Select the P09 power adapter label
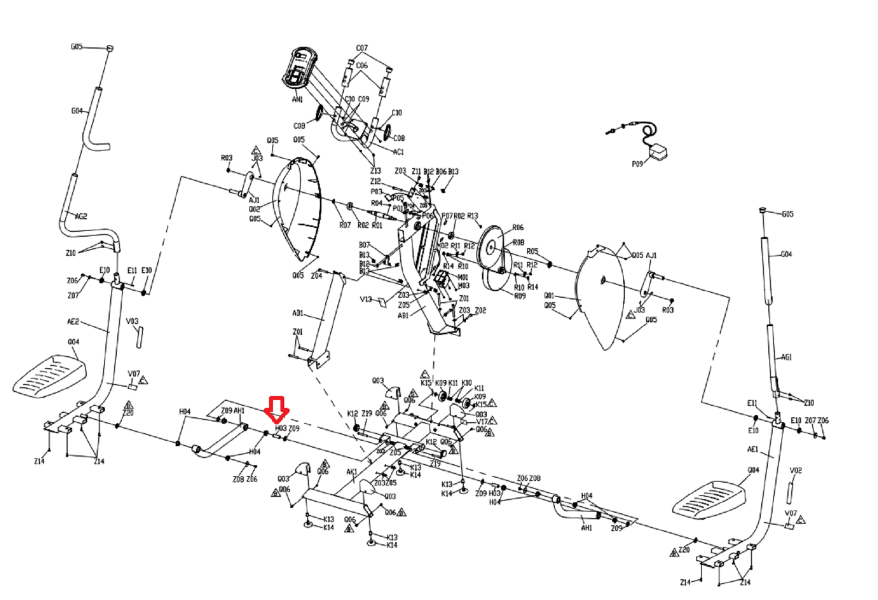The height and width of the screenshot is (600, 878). click(637, 164)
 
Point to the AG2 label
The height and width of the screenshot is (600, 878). click(81, 217)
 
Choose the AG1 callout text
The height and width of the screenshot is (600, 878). click(786, 357)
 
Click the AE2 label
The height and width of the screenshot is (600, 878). click(73, 321)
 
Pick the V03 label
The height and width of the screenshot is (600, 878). click(132, 321)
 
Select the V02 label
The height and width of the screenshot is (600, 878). click(796, 470)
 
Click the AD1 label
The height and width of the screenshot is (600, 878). click(298, 313)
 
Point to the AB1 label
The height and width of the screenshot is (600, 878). click(403, 315)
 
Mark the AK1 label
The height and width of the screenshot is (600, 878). click(352, 472)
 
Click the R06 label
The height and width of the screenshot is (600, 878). click(518, 227)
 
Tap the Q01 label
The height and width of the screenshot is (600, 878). click(549, 296)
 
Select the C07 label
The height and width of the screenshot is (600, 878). click(362, 48)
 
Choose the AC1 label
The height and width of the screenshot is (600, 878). click(398, 152)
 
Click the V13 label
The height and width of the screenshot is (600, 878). click(366, 299)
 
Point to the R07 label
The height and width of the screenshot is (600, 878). click(345, 225)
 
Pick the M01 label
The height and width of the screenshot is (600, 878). click(463, 277)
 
